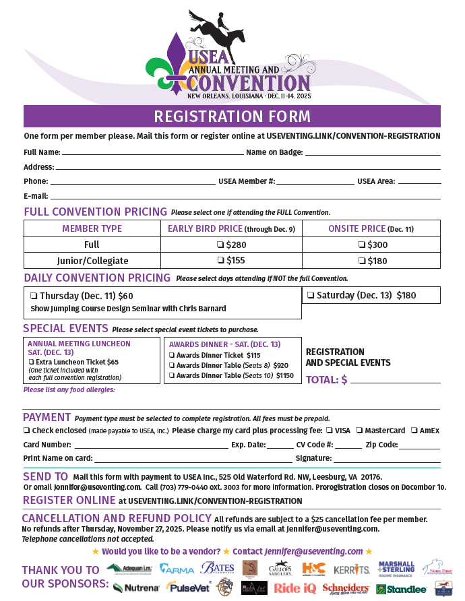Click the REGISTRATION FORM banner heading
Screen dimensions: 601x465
tap(232, 116)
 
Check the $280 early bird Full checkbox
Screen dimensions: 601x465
tap(220, 245)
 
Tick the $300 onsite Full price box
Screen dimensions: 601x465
tap(362, 245)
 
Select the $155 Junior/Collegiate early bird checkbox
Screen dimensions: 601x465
tap(220, 261)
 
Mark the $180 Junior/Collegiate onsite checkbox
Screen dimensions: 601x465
tap(362, 261)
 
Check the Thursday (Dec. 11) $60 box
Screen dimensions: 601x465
tap(33, 296)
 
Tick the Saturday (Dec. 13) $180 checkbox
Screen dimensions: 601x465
tap(311, 295)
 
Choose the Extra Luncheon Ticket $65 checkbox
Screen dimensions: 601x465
tap(31, 362)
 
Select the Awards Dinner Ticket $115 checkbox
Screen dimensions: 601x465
tap(172, 355)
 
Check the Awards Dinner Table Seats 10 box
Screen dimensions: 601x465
tap(172, 375)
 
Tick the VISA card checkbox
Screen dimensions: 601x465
tap(329, 431)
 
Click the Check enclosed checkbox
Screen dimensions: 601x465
tap(26, 431)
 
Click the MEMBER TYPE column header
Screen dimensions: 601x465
tap(92, 228)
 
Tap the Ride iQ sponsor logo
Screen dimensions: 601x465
tap(295, 588)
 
